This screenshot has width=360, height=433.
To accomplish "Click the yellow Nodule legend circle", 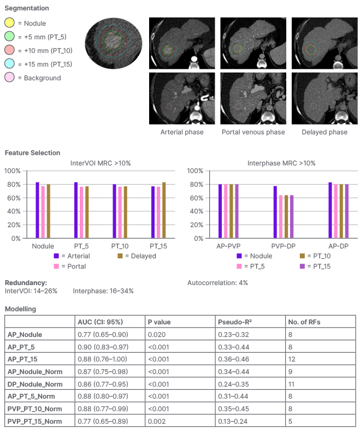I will [x=10, y=23].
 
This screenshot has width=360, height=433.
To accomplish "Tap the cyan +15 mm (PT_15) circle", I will [x=10, y=64].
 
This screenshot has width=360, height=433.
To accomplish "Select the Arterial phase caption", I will [x=182, y=132].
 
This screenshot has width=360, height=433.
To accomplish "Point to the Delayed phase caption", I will [x=324, y=132].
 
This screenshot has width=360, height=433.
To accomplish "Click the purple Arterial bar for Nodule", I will [x=37, y=210].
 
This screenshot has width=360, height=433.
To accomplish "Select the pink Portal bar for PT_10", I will [x=120, y=212].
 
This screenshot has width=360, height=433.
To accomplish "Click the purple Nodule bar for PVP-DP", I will [x=275, y=212].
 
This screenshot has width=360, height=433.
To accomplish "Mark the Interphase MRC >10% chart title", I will [x=281, y=163].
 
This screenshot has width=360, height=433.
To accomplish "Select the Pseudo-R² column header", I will [x=234, y=322].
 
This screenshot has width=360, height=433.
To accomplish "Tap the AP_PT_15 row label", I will [x=23, y=359].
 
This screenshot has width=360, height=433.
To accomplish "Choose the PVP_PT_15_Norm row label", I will [x=34, y=421].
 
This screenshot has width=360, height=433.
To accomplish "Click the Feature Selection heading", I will [x=32, y=153].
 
